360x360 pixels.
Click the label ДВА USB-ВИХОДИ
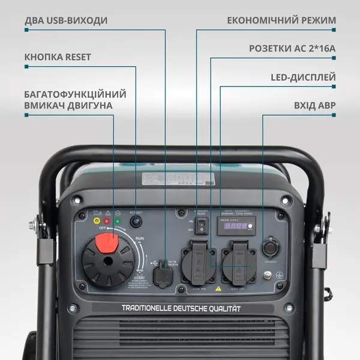point(66,20)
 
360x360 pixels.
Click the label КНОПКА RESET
point(58,57)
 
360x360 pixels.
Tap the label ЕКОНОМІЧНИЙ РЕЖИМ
point(281,20)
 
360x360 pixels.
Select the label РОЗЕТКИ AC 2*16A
point(292,48)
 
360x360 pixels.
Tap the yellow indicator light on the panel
point(97,220)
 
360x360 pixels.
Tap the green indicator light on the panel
point(117,220)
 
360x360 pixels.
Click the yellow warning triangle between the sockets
point(218,288)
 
